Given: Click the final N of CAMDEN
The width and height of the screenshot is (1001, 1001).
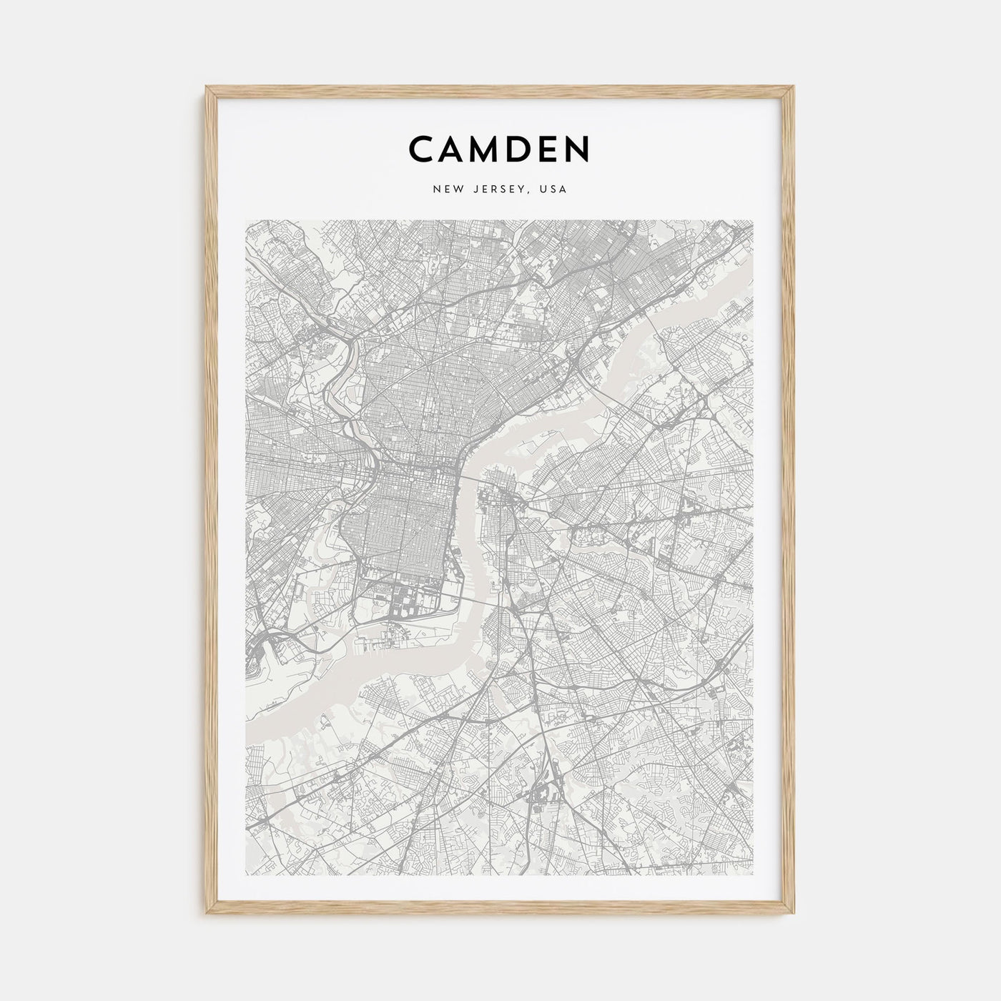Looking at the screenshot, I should tap(578, 149).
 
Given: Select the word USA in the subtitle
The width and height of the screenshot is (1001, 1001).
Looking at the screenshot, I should tap(553, 189).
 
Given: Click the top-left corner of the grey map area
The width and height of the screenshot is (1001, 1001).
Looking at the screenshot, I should tap(246, 221).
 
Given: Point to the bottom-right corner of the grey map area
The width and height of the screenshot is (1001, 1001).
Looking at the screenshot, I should tap(754, 876).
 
